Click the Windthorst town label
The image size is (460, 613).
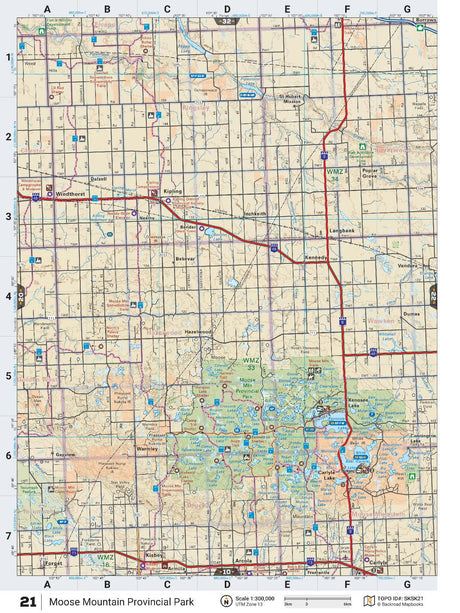[71, 194]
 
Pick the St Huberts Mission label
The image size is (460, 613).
[289, 101]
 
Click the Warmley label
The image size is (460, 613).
[148, 449]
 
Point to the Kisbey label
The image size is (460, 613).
[153, 553]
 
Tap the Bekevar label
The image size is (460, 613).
[184, 258]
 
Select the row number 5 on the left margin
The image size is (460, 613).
[8, 376]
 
